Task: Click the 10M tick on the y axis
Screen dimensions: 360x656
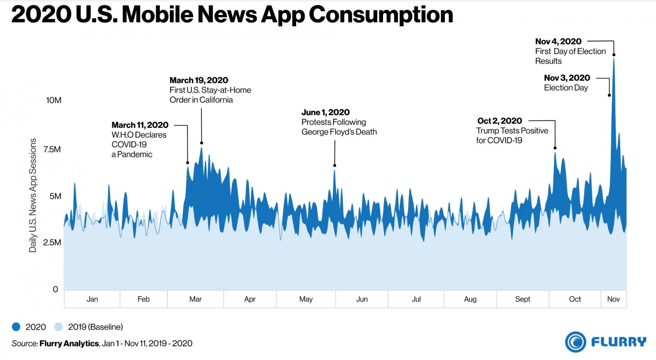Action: (x=54, y=100)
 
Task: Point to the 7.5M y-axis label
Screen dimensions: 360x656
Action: (x=52, y=149)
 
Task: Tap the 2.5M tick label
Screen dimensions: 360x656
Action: (x=52, y=242)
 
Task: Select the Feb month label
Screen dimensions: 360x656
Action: (x=143, y=299)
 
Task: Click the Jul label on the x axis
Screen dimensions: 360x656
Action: (x=416, y=299)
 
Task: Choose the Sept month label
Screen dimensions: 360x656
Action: (x=522, y=299)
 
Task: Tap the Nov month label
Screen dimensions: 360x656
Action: (x=613, y=299)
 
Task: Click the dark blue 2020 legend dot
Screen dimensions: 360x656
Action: (x=16, y=327)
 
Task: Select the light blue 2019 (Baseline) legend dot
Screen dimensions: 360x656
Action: (x=58, y=327)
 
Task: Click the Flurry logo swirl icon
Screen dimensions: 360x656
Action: (x=575, y=342)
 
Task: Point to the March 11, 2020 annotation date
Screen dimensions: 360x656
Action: (x=140, y=125)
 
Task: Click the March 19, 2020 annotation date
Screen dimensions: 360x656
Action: (x=199, y=80)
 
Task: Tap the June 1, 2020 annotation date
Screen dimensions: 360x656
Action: (x=326, y=112)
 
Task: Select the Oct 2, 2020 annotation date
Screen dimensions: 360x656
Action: (x=500, y=121)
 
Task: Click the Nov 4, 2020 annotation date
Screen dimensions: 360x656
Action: (x=558, y=42)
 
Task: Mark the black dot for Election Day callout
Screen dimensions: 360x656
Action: (x=609, y=95)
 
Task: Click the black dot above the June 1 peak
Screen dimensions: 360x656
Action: (x=335, y=165)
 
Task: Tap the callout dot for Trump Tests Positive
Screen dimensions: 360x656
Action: (x=555, y=148)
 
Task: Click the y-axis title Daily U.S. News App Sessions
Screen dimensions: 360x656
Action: (x=33, y=195)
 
